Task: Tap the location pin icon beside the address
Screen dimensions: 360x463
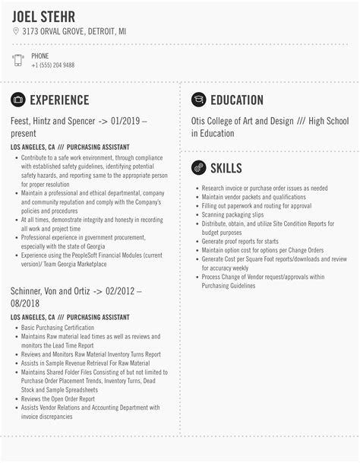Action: point(16,31)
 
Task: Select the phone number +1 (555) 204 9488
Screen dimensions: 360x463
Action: point(52,65)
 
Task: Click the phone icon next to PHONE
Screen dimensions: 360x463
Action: point(17,61)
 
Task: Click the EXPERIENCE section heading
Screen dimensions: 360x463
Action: point(59,100)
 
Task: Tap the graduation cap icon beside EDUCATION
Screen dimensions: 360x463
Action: point(198,100)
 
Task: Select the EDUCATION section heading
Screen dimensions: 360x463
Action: point(237,100)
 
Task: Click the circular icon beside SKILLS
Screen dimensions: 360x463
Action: point(198,166)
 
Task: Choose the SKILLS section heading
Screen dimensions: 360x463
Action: point(226,166)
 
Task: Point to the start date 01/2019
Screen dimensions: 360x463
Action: point(127,121)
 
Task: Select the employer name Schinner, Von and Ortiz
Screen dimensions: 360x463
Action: point(52,291)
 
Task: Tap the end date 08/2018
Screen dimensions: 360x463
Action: point(27,303)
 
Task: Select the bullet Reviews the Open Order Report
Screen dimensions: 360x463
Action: point(58,398)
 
